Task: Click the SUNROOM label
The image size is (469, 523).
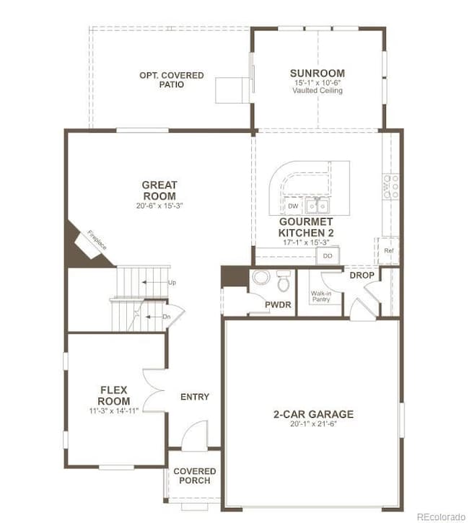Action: [317, 73]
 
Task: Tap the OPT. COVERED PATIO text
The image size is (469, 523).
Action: [172, 80]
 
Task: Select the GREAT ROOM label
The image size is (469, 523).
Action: [159, 190]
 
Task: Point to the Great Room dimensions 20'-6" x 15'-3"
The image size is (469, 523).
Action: [159, 206]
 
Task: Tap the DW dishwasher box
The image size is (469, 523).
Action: [293, 206]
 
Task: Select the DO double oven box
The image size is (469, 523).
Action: [328, 256]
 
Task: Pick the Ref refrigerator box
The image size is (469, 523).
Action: [388, 251]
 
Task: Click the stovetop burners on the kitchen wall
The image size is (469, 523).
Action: [390, 186]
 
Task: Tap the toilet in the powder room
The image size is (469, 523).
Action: [283, 277]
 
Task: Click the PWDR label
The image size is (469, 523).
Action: [278, 305]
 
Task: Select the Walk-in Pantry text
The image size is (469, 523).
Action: [320, 296]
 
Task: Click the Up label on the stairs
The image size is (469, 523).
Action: [172, 282]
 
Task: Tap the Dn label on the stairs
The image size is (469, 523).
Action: [166, 316]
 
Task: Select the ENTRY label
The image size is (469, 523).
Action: [195, 397]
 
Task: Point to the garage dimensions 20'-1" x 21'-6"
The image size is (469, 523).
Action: [313, 424]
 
